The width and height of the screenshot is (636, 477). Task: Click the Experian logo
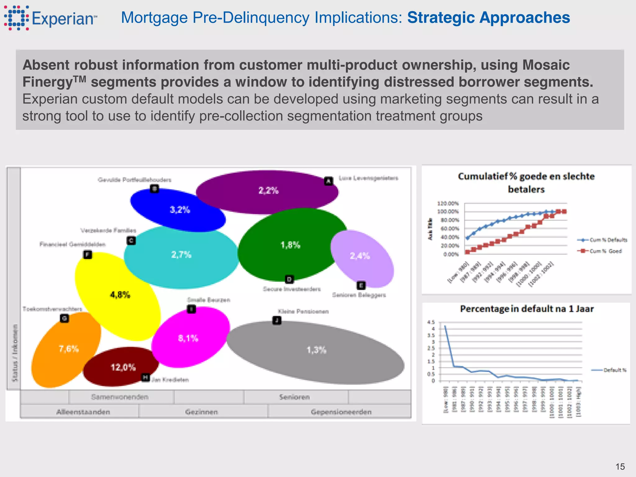click(x=50, y=18)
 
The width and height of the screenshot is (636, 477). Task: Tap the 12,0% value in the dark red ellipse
click(x=123, y=367)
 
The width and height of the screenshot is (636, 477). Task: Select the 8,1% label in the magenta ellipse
click(x=188, y=338)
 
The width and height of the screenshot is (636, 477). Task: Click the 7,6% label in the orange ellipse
click(x=69, y=349)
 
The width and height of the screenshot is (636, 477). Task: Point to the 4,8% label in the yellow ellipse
click(x=120, y=294)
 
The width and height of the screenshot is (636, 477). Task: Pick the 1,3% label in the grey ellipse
click(x=316, y=350)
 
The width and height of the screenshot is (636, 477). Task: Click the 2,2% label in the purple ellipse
click(x=269, y=190)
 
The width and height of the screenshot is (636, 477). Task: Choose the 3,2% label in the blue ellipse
click(x=180, y=210)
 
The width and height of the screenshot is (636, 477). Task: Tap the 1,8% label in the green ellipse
click(x=290, y=245)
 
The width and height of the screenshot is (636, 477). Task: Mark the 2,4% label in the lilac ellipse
click(x=360, y=256)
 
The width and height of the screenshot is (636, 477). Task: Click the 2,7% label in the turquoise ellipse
click(x=181, y=255)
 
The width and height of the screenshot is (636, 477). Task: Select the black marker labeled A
click(x=329, y=181)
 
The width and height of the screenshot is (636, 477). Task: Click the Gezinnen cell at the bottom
click(x=202, y=412)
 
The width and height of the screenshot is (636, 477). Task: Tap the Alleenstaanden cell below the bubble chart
click(x=83, y=412)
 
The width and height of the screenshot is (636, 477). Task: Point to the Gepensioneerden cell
click(x=341, y=412)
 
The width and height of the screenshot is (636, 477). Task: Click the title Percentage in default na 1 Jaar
click(x=527, y=309)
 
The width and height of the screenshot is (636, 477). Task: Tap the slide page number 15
click(x=620, y=466)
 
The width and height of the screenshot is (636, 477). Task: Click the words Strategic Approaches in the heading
click(x=488, y=17)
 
